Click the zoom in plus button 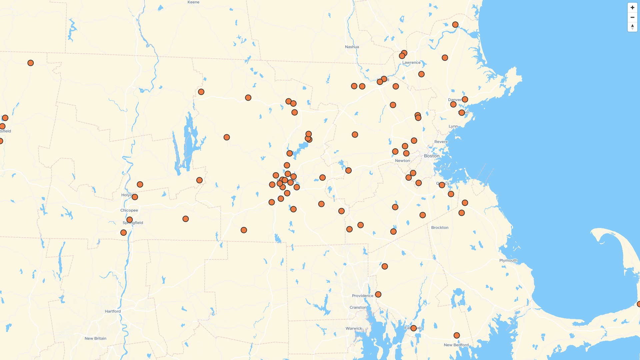632,8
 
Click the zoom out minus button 632,17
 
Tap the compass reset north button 632,27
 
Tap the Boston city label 432,156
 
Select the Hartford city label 113,311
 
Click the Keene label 193,2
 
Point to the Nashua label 352,47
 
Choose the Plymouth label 508,261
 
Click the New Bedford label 456,345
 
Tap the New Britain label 95,338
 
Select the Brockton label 440,228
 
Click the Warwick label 354,328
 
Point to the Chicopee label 129,210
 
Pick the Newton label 402,161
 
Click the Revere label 441,142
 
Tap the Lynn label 453,126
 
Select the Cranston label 358,308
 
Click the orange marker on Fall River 413,328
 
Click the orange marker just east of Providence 378,295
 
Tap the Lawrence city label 411,63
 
